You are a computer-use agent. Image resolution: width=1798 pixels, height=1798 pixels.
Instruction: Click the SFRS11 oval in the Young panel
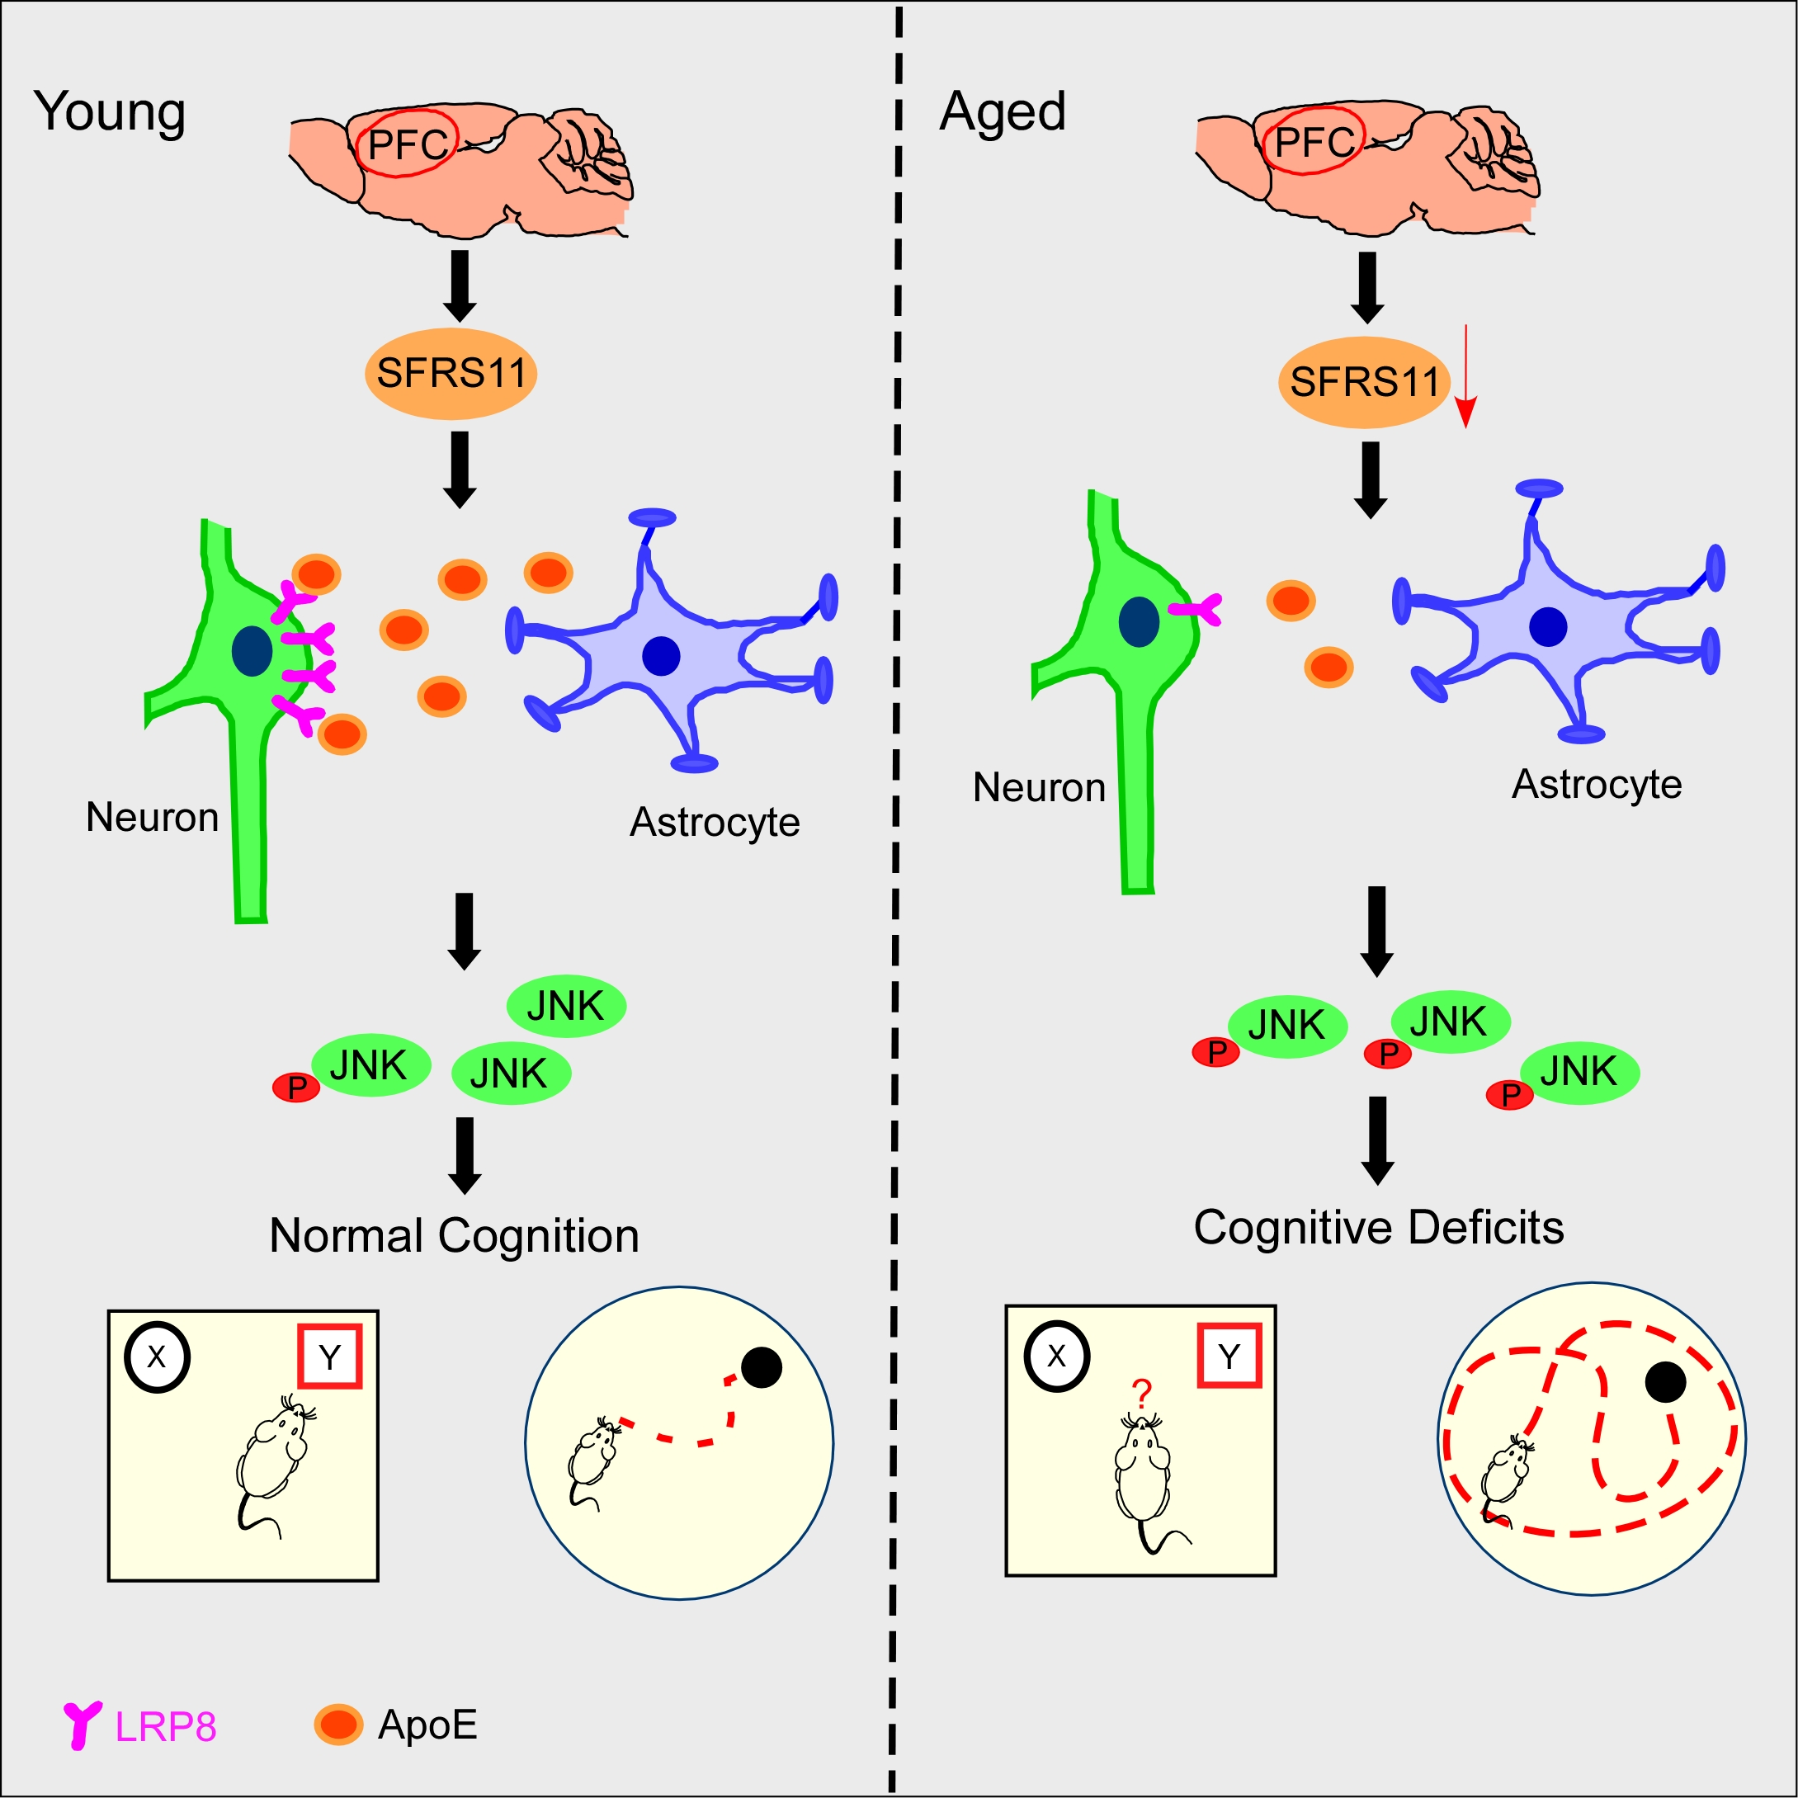(451, 373)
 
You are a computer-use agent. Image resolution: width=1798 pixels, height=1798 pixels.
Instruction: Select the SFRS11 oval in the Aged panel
(1363, 381)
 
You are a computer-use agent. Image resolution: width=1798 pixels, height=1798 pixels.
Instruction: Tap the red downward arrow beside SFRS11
(1465, 378)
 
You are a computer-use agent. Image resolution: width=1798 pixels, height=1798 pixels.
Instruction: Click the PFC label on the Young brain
(408, 144)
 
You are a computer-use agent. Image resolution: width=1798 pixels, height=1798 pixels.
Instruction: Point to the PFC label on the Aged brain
(1313, 141)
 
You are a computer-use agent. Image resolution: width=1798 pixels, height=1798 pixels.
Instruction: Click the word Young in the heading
(110, 111)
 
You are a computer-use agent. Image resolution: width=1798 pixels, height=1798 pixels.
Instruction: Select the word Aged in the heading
(1003, 111)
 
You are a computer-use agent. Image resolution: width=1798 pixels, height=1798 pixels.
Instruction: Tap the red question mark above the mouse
(1142, 1393)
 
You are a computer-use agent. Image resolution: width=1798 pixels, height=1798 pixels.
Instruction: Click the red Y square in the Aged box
(1229, 1356)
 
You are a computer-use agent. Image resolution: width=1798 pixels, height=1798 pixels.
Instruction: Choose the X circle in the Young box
(156, 1357)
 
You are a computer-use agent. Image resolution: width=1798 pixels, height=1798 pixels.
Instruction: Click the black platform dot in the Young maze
(762, 1367)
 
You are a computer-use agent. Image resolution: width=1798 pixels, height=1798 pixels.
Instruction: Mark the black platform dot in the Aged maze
(1666, 1382)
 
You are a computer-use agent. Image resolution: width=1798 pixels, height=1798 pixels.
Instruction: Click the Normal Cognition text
(454, 1236)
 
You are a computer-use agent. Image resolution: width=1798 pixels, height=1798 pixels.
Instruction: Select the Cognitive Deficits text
(1378, 1227)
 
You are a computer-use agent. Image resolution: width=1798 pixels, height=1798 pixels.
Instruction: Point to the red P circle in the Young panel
(296, 1086)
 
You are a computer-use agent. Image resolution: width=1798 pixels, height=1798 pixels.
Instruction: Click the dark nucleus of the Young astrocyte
(661, 656)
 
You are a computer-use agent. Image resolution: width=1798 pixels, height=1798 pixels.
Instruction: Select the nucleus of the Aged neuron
(1138, 621)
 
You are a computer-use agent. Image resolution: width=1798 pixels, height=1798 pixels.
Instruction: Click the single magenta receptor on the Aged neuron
(1198, 610)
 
